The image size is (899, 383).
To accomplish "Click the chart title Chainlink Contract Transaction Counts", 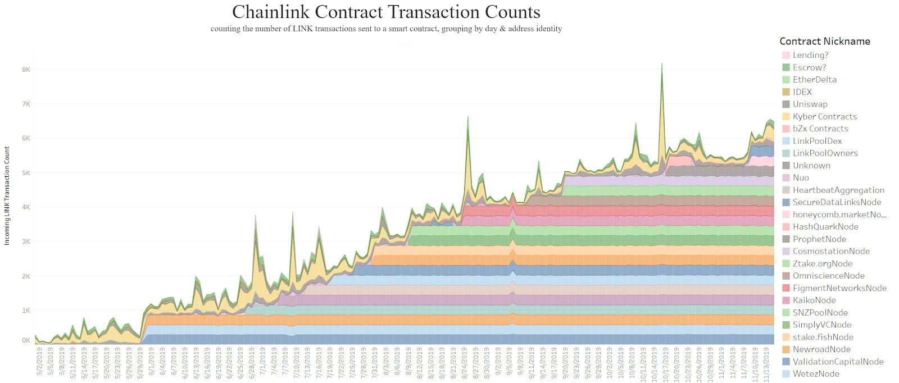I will tap(386, 12).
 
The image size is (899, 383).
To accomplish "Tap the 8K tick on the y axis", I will tap(26, 70).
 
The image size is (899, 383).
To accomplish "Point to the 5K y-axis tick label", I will tap(26, 173).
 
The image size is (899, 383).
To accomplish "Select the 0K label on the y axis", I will tap(26, 340).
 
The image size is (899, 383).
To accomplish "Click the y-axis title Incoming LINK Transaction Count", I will tap(7, 195).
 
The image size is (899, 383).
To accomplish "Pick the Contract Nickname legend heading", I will tap(824, 42).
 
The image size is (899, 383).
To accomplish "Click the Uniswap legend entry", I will tap(810, 104).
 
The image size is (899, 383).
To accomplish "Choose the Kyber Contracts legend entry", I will tap(824, 117).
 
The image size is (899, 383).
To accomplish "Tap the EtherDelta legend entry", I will tap(814, 80).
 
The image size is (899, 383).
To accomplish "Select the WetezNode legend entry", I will tap(815, 374).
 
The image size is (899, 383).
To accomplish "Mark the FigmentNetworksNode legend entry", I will tap(839, 288).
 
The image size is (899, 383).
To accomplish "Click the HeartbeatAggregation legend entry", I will tap(838, 190).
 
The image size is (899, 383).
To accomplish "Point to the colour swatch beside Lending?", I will tap(786, 55).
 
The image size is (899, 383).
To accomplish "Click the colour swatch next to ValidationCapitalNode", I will tap(786, 362).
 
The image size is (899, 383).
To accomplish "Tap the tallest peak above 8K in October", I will tap(662, 64).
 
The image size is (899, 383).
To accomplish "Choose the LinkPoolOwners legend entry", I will tap(825, 153).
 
